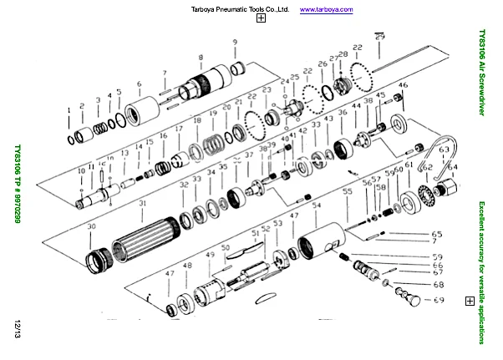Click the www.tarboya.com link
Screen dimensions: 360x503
[326, 9]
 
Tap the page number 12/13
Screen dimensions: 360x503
[16, 328]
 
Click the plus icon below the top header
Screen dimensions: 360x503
[262, 18]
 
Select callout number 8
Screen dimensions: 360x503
[201, 57]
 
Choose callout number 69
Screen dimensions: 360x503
[438, 298]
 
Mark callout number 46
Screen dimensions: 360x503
[403, 85]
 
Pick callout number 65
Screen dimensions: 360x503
[437, 233]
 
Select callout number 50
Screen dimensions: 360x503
[225, 248]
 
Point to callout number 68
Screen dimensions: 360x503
[438, 284]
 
